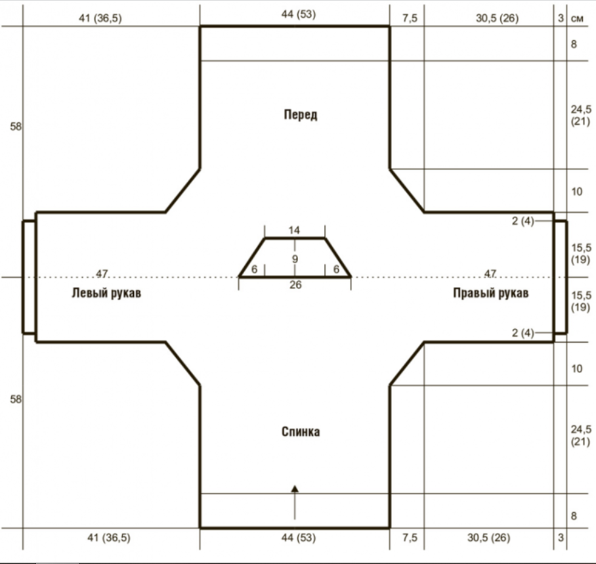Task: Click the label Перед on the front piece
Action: tap(300, 114)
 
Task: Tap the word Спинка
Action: tap(301, 431)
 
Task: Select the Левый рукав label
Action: tap(106, 293)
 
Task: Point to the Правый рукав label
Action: tap(491, 293)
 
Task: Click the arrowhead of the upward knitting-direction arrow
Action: tap(295, 488)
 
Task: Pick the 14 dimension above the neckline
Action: tap(294, 230)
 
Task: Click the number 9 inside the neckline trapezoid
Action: tap(295, 259)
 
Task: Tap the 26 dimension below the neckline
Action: tap(295, 284)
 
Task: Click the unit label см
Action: tap(577, 18)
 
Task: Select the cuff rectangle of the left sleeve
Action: tap(30, 277)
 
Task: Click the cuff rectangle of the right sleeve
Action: tap(561, 277)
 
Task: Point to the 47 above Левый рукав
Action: tap(102, 273)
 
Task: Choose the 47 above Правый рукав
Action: tap(490, 273)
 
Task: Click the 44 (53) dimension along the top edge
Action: tap(299, 14)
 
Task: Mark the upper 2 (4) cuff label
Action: tap(523, 221)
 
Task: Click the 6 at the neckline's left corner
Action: tap(254, 269)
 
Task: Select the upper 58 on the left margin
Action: tap(16, 127)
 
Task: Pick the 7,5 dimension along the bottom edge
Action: tap(410, 538)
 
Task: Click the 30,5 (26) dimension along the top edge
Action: tap(497, 18)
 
